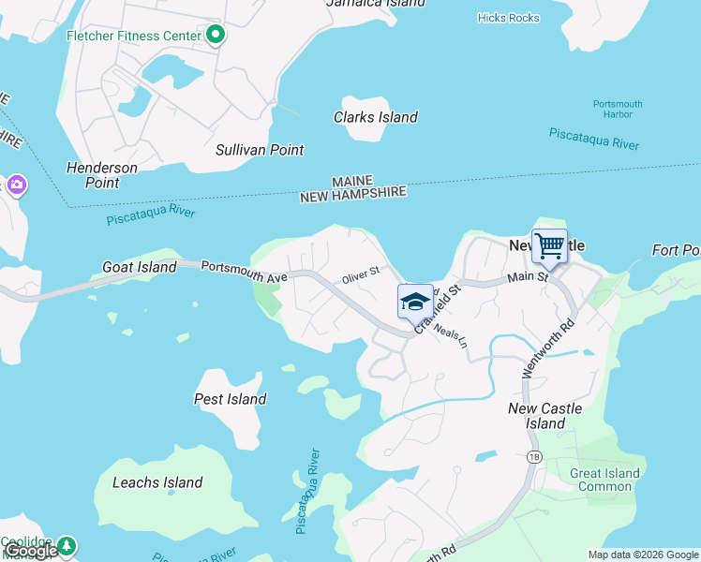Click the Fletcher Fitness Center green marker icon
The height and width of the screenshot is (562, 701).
tap(216, 37)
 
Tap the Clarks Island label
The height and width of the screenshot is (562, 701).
tap(376, 117)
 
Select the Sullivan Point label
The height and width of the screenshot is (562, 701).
tap(260, 150)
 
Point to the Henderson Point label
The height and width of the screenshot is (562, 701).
tap(102, 175)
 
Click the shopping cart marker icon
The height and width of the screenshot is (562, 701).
tap(549, 246)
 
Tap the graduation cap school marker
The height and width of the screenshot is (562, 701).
tap(415, 302)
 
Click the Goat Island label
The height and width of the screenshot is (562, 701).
tap(139, 267)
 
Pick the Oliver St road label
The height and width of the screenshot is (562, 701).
tap(360, 274)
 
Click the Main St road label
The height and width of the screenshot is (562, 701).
tap(527, 277)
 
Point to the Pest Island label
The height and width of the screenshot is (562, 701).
tap(230, 399)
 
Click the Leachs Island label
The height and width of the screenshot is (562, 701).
tap(157, 482)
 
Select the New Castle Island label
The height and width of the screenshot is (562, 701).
tap(544, 416)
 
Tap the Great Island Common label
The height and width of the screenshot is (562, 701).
tap(604, 480)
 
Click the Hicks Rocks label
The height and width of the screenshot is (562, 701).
tap(508, 17)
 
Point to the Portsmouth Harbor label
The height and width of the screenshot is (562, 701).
tap(618, 109)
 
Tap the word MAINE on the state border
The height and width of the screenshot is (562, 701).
tap(352, 181)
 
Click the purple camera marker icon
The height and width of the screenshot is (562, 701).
tap(16, 184)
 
